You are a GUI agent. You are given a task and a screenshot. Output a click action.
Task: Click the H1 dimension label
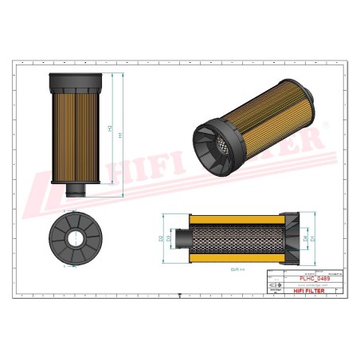click(121, 135)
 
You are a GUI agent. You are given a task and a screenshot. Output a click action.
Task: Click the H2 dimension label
click(109, 127)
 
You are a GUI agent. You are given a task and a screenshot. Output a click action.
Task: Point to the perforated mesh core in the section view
click(239, 238)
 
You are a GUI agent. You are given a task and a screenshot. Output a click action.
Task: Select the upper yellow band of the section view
click(239, 217)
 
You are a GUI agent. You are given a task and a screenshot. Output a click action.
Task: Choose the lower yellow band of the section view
click(239, 259)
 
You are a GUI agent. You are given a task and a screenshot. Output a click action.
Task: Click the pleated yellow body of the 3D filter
click(271, 119)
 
